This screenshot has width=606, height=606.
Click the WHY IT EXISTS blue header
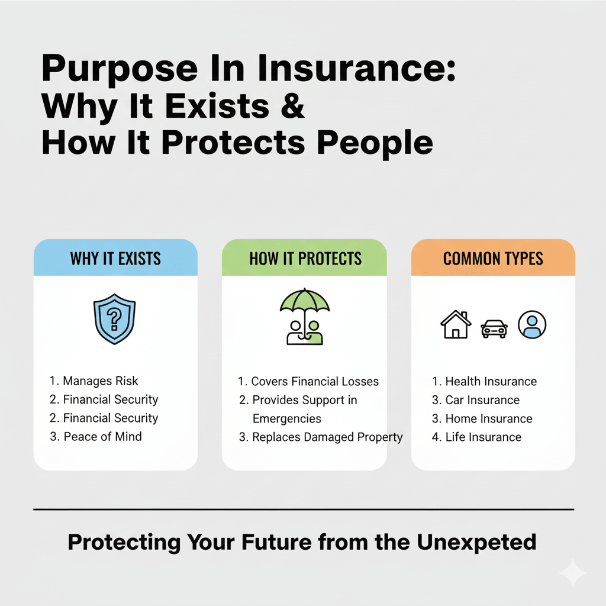[115, 259]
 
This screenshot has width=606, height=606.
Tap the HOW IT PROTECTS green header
[305, 259]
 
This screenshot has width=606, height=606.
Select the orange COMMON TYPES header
[493, 259]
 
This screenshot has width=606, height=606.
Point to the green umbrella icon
[305, 303]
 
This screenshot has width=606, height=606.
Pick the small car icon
[494, 328]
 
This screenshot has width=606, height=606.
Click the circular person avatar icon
[532, 325]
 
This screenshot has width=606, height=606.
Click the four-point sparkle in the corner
[572, 573]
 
